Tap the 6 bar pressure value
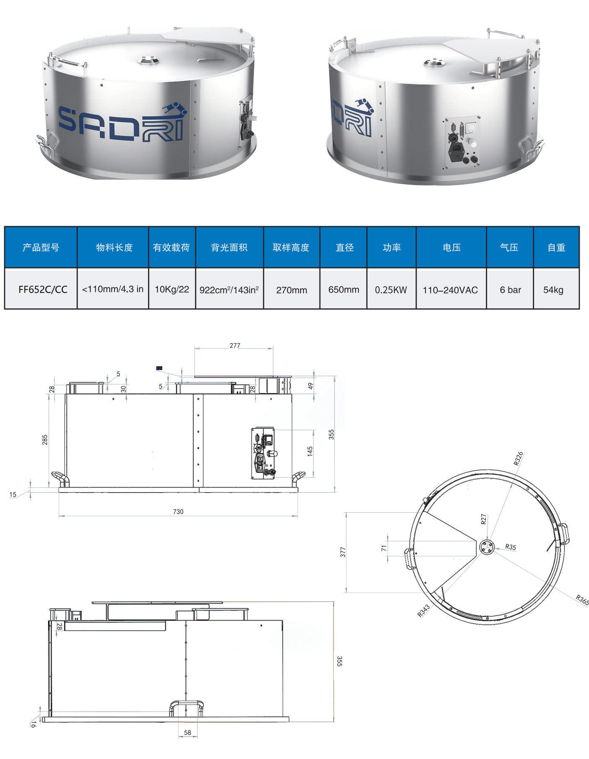click(510, 290)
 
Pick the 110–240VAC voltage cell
click(451, 289)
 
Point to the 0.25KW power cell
click(392, 289)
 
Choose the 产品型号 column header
click(41, 248)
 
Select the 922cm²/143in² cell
click(229, 289)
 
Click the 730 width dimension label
click(178, 511)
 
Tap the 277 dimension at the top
click(235, 346)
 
